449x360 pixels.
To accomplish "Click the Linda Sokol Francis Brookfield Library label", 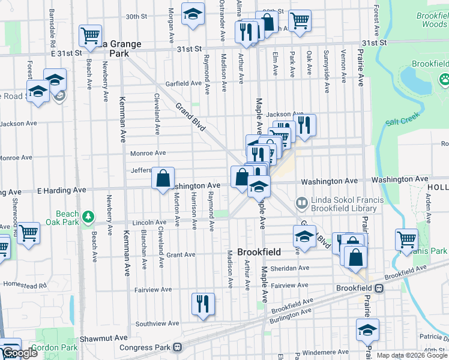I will click(343, 205).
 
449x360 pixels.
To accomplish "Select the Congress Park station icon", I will click(178, 347).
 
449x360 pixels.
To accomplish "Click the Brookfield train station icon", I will click(379, 288).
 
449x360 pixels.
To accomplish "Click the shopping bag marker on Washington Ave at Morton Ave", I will click(163, 179).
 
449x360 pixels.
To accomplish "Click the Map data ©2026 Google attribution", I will click(412, 355).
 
